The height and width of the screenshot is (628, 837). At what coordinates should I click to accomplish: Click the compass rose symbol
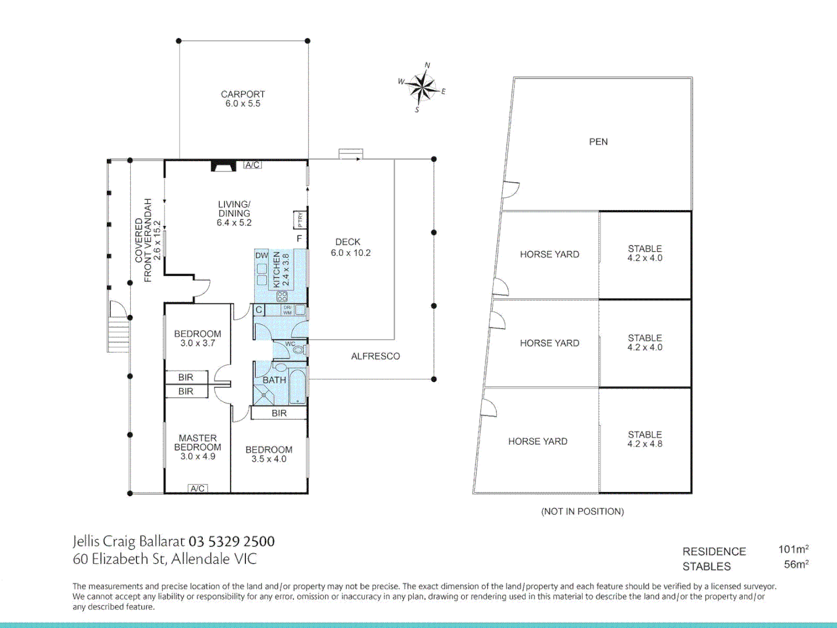[422, 88]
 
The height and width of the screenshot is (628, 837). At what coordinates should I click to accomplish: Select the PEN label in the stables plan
[598, 142]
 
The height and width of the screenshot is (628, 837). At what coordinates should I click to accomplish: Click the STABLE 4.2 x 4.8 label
[645, 439]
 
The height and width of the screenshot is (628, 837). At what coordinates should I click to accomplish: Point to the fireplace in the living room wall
[221, 166]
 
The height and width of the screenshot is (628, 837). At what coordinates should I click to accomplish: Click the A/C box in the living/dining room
[252, 165]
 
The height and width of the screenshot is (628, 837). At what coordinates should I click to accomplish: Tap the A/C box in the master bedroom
[198, 488]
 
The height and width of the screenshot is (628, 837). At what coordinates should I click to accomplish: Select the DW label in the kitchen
[262, 255]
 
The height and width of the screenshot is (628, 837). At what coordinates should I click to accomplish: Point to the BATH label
[274, 380]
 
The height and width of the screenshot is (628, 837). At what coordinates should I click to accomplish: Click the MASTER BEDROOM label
[198, 447]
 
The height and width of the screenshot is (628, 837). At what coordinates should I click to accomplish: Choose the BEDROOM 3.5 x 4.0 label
[269, 454]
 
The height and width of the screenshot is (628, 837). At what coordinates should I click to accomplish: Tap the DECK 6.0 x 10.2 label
[350, 247]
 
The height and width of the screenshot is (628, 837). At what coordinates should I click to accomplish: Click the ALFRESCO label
[375, 356]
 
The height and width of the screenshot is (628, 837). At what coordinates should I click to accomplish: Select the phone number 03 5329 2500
[231, 541]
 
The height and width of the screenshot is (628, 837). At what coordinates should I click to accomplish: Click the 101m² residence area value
[793, 549]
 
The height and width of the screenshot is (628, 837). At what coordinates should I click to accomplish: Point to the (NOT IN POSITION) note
[582, 512]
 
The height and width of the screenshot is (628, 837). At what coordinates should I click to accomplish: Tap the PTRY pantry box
[300, 220]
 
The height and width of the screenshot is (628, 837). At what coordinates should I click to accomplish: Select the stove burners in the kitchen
[282, 297]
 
